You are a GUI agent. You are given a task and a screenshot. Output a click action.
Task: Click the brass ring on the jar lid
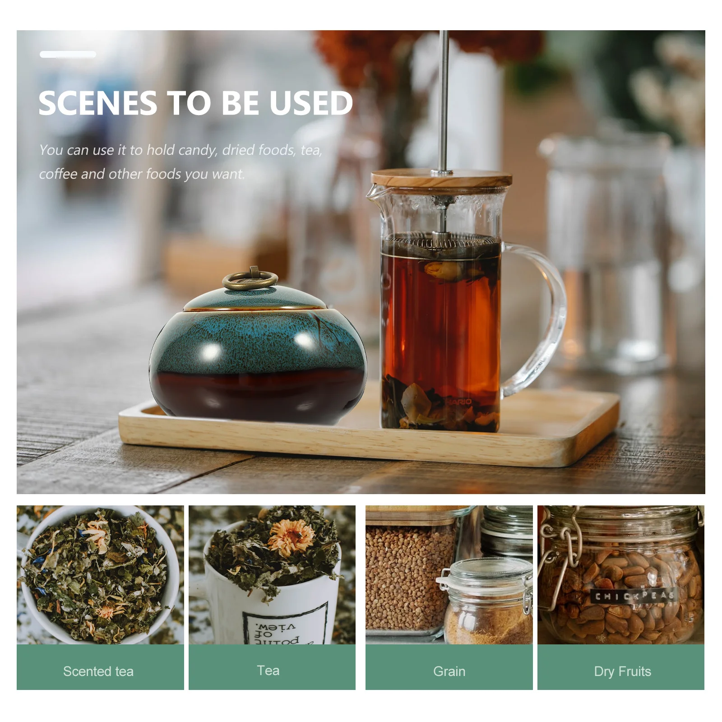coord(250,280)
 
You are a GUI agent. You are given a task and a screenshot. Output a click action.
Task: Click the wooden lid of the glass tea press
coord(441,178)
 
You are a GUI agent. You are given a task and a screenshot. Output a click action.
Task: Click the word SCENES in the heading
coord(98,103)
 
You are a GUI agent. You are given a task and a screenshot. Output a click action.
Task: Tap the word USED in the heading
coord(311,103)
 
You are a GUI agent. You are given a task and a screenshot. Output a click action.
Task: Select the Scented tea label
coord(98,671)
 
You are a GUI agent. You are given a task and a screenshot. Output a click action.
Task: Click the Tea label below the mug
coord(268,671)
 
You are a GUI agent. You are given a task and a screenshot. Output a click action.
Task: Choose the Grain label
coord(449,671)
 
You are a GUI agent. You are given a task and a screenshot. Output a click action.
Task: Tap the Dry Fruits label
coord(622,671)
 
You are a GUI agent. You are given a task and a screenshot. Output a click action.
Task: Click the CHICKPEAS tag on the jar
coord(634,596)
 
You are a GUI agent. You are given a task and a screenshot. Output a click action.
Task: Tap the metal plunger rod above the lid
coord(444,99)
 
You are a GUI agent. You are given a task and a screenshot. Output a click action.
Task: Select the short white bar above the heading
coord(68,55)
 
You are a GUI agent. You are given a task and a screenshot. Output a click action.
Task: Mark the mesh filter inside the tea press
coord(441,241)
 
